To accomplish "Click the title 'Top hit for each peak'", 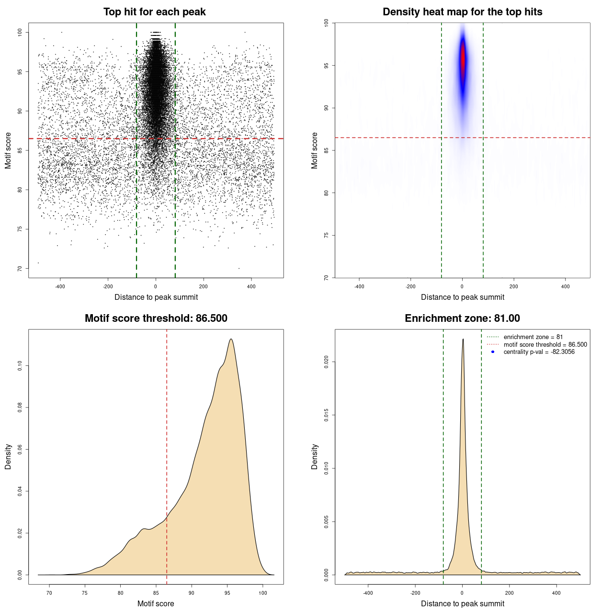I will [x=154, y=12].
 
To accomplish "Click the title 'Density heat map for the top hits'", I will [x=462, y=12].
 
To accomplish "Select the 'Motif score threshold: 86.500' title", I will [x=156, y=318].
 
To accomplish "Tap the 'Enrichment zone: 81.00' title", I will [x=462, y=318].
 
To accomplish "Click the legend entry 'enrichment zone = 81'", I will [x=533, y=337].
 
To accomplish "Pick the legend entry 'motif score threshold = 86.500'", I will [x=545, y=344].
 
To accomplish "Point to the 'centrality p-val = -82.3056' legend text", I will [x=539, y=352].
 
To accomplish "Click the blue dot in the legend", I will [x=493, y=352].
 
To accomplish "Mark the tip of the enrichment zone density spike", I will [x=463, y=339].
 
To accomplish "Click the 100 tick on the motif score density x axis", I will [x=263, y=593].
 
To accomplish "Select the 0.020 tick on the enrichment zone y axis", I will [x=327, y=362].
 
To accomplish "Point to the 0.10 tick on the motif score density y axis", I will [x=20, y=366].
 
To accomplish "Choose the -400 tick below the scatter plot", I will [x=60, y=286].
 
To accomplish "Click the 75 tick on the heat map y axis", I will [x=327, y=235].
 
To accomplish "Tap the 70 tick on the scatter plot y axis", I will [x=20, y=269].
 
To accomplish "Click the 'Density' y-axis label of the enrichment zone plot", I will [x=315, y=456].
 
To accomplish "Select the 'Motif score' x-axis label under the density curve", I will [x=156, y=603].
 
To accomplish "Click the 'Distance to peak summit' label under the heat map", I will [x=462, y=297].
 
